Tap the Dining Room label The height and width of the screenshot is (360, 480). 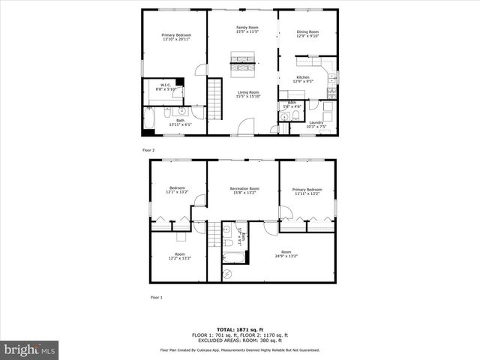tap(307, 32)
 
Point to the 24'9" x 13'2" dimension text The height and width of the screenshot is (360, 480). tap(286, 256)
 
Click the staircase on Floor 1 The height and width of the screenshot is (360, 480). tap(215, 233)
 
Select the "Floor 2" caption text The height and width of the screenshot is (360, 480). tap(148, 150)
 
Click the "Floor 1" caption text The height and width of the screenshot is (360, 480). tap(156, 298)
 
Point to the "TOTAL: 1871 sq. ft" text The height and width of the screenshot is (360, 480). tap(239, 329)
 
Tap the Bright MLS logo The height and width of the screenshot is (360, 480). tap(30, 349)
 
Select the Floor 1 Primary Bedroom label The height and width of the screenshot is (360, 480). tap(307, 191)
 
